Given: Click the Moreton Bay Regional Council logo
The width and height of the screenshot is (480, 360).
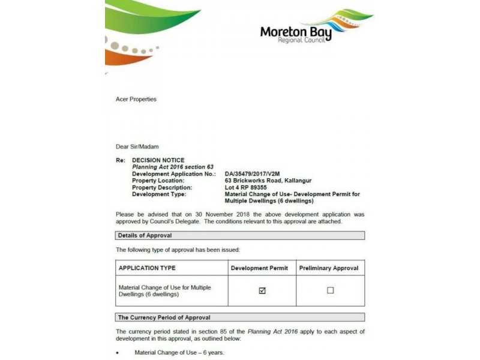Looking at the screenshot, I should point(315,27).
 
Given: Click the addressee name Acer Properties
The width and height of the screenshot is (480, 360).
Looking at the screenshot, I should point(136,99).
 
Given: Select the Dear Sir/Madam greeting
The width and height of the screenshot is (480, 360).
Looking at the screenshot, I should point(137,146).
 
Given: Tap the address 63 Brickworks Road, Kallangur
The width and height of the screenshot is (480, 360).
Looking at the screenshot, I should point(268,181).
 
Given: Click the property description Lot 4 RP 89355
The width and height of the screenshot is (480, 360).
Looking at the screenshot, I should point(247,188).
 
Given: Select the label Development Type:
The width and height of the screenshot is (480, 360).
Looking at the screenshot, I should point(159,194).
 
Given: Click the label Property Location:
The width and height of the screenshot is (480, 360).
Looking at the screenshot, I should point(158,181).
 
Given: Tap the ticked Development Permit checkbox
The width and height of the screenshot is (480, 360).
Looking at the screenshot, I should point(262,291).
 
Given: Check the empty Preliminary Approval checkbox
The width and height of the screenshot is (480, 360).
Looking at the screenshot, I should point(330,291).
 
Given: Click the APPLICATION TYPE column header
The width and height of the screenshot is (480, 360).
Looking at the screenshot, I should point(147,268).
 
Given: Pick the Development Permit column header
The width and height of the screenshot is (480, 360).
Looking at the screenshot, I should point(259,268).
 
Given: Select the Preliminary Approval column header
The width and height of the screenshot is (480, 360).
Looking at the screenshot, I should point(329,268).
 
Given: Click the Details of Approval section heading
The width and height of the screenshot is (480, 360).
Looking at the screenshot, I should point(145,236).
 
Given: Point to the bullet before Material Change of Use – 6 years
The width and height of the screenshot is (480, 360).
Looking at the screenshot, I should point(118,353).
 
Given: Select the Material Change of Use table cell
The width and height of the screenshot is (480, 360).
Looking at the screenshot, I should point(165,291).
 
